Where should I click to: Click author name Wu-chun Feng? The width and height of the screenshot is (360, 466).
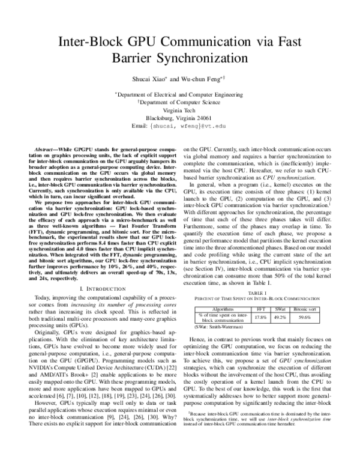200,79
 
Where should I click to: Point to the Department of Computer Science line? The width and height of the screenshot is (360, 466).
179,102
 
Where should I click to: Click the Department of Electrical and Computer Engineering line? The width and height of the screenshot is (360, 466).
179,94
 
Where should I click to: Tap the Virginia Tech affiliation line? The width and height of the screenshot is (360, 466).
179,110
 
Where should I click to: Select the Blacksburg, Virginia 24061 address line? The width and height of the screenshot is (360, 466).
179,118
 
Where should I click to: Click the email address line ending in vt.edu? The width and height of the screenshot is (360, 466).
179,127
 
